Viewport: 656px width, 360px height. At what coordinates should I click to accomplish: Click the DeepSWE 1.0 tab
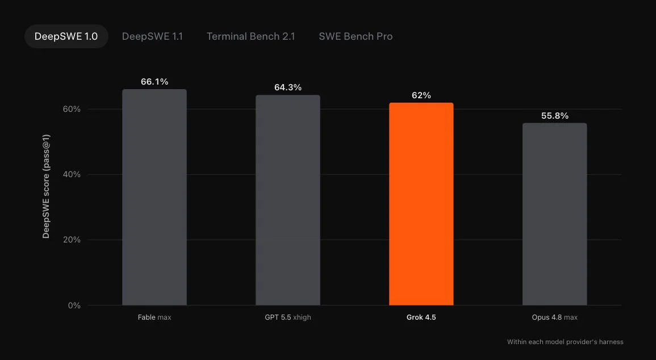(x=66, y=36)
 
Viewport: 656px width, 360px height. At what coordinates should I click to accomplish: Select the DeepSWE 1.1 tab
(x=152, y=36)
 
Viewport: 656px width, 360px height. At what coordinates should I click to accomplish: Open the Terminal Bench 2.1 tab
(x=250, y=36)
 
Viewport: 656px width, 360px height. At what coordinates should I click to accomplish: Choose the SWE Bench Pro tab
(x=356, y=36)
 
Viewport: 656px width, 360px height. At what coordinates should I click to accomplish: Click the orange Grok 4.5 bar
(x=421, y=204)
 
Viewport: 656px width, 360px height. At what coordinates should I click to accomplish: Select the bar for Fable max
(x=154, y=198)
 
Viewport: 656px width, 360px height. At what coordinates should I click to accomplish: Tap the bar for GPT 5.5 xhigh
(x=288, y=200)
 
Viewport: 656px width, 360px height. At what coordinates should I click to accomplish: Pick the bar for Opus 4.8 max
(x=555, y=214)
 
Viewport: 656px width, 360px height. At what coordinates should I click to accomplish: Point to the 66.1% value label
(x=154, y=82)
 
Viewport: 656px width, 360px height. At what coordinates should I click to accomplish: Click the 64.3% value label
(x=288, y=87)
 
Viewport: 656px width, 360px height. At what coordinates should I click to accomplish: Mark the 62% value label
(x=421, y=95)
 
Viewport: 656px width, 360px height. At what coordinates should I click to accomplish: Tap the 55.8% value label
(x=555, y=116)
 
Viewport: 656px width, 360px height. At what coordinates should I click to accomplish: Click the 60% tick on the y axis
(x=72, y=109)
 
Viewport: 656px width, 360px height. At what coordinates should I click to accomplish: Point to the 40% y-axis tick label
(x=72, y=174)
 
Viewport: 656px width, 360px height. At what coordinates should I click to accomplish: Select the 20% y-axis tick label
(x=72, y=240)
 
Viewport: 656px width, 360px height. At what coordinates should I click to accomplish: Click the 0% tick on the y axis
(x=74, y=305)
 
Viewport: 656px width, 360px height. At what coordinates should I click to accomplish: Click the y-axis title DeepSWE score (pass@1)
(x=46, y=186)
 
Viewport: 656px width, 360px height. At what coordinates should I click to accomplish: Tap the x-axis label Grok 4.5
(x=421, y=317)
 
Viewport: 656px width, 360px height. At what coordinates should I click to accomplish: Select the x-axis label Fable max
(x=154, y=317)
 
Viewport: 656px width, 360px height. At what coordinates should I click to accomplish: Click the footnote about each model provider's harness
(x=565, y=342)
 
